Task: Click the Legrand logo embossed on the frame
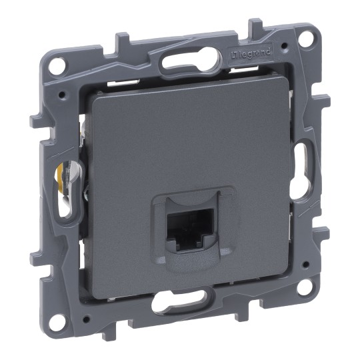coord(249,54)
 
